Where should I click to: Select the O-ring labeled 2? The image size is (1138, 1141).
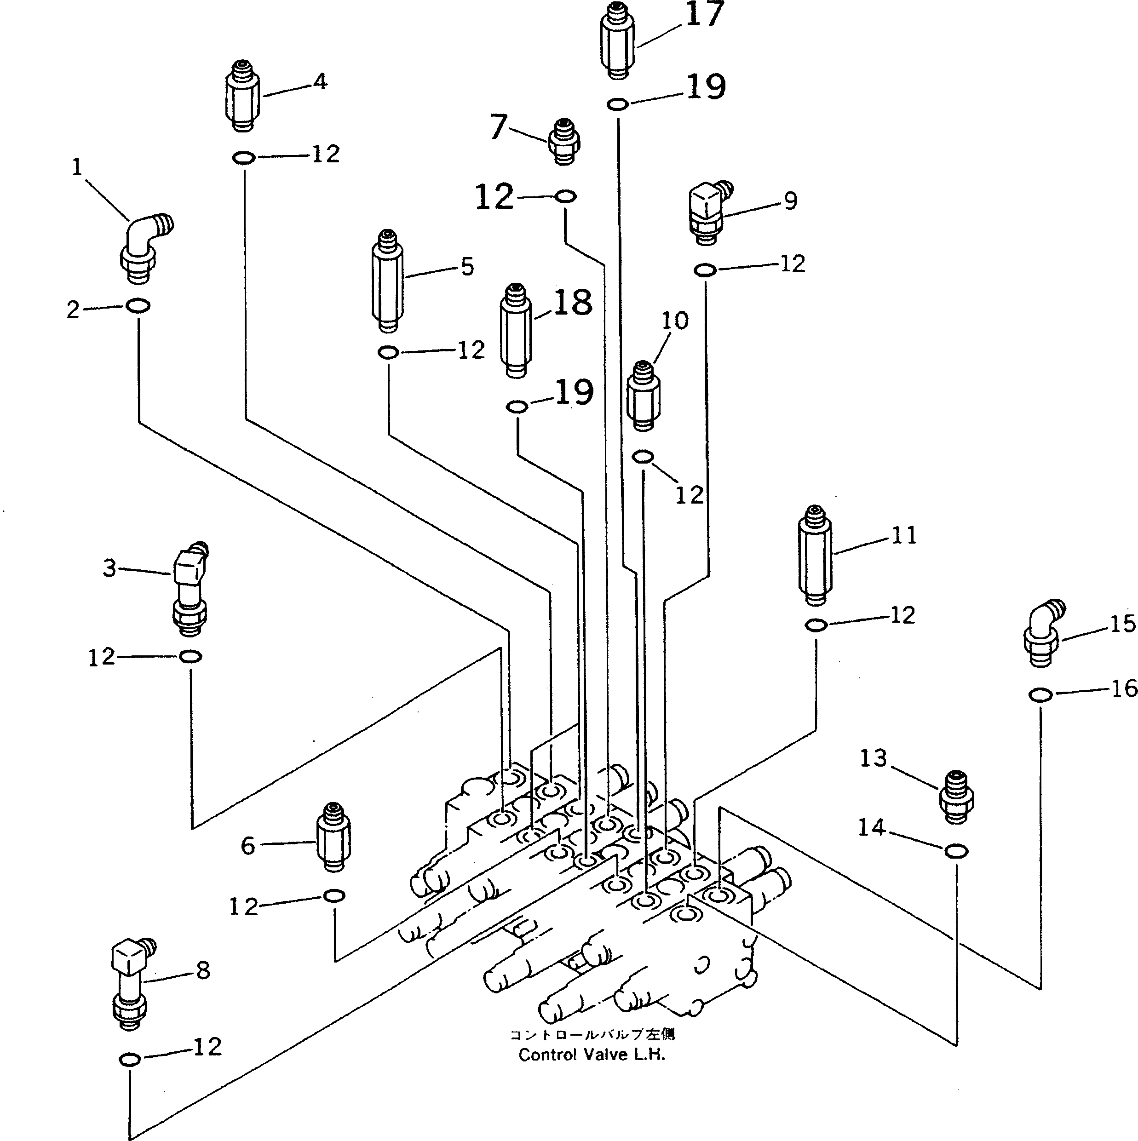[138, 306]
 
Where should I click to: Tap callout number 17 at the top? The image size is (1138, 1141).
[704, 14]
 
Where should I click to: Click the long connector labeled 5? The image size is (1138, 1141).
[387, 282]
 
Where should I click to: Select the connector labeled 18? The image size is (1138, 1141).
[516, 331]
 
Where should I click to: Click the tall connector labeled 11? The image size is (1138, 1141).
[815, 555]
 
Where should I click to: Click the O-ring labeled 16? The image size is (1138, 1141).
[1040, 694]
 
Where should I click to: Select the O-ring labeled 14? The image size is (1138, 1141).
[955, 851]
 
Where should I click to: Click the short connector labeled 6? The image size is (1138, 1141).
[333, 836]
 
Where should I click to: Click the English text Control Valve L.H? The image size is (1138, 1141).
[591, 1055]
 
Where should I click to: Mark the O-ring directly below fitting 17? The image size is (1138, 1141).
[617, 104]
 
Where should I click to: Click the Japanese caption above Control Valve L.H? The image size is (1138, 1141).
[591, 1035]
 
